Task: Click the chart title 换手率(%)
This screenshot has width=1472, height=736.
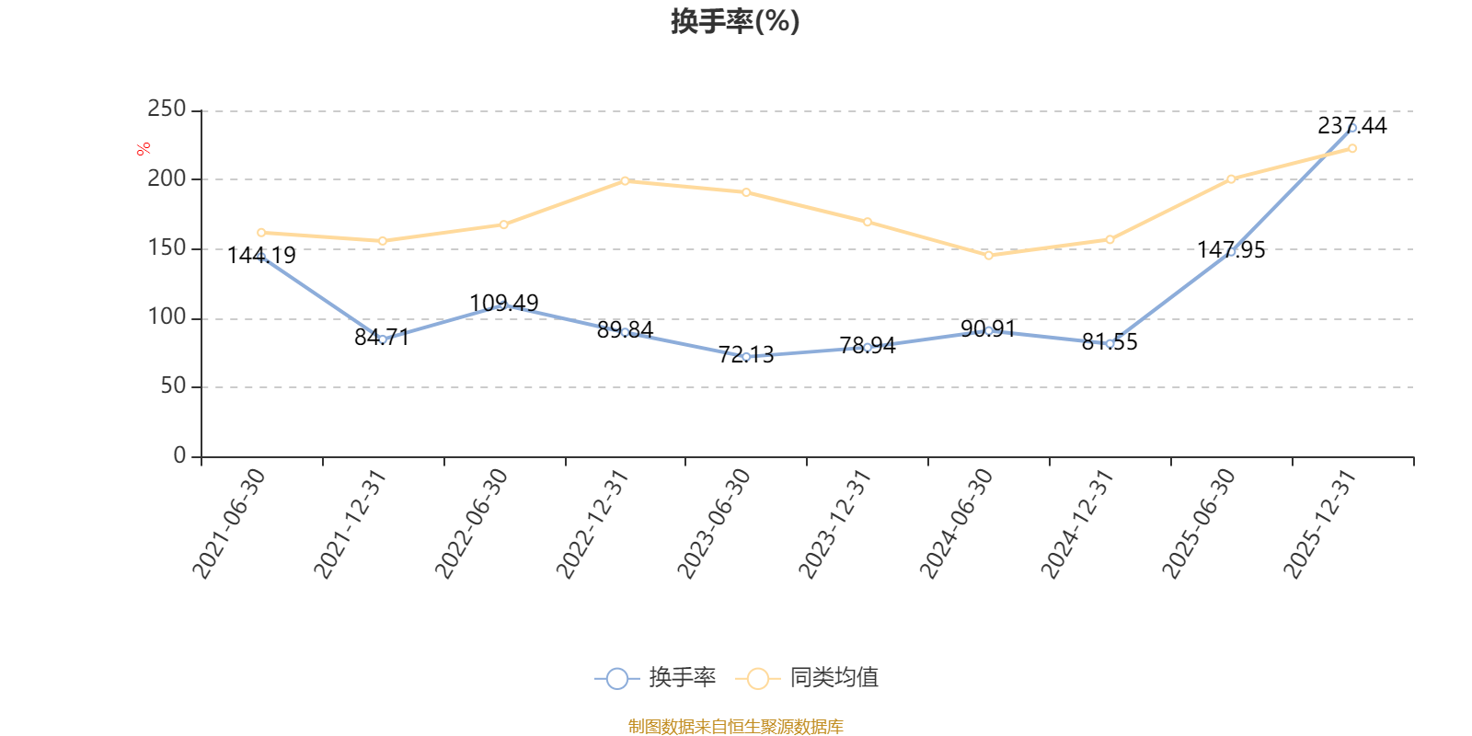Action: (x=735, y=21)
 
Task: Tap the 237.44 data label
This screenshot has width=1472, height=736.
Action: (x=1351, y=125)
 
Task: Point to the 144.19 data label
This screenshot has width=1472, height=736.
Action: (x=261, y=255)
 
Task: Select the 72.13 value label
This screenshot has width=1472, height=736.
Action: (x=746, y=355)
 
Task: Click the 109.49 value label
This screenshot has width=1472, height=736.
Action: (x=503, y=303)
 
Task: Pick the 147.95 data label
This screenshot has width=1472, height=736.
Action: (x=1231, y=249)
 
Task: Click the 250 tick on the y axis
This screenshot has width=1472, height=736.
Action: (x=167, y=109)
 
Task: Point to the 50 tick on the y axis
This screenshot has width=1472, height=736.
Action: (x=174, y=385)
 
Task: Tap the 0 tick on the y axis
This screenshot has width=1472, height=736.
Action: (x=179, y=454)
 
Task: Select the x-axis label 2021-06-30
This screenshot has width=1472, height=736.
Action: (x=229, y=523)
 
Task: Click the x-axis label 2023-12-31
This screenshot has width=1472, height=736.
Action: (x=834, y=523)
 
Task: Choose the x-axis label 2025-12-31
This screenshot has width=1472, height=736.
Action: (x=1319, y=523)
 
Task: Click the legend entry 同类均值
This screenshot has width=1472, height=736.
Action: (x=807, y=677)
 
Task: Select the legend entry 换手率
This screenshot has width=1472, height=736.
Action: (x=655, y=677)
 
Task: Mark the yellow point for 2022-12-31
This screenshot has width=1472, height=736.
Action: (x=625, y=180)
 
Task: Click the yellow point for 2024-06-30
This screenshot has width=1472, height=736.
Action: (x=988, y=256)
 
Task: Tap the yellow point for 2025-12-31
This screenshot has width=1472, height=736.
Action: (x=1352, y=148)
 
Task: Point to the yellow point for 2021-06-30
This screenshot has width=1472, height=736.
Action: (x=261, y=233)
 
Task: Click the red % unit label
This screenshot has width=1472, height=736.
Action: (x=144, y=149)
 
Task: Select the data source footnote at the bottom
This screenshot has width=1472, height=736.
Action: (x=735, y=726)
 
